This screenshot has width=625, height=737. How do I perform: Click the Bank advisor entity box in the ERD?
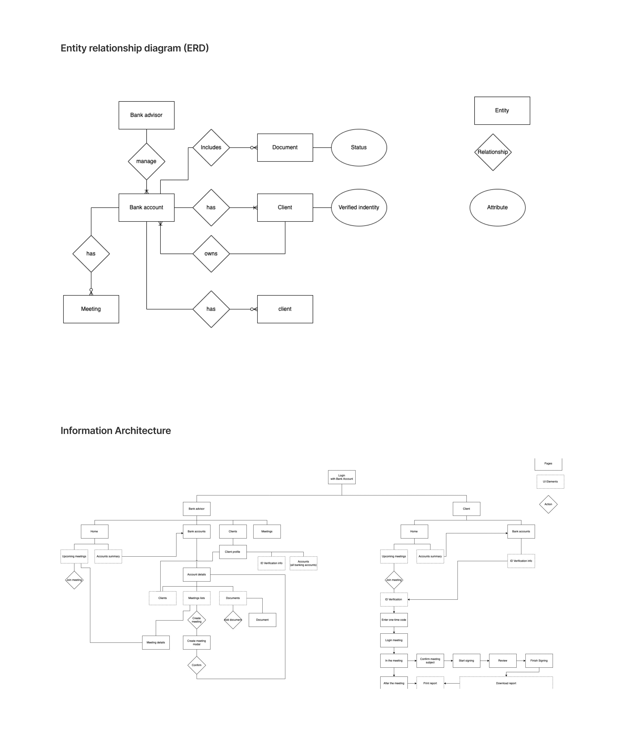click(x=146, y=115)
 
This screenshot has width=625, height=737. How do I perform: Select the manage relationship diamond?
click(x=146, y=161)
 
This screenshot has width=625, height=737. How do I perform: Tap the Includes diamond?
click(x=211, y=147)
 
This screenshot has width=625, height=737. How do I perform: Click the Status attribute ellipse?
click(x=359, y=147)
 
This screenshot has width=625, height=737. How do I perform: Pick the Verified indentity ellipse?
click(x=359, y=208)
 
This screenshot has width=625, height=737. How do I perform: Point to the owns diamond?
click(x=211, y=254)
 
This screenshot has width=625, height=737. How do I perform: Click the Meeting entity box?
click(x=91, y=309)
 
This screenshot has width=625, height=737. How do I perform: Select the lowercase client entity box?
click(x=285, y=309)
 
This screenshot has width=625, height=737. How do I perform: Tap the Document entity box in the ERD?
click(x=285, y=147)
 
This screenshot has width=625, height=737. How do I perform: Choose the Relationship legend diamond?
click(x=493, y=152)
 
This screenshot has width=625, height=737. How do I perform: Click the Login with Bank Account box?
click(x=342, y=477)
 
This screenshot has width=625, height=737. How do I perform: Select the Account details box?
click(x=197, y=574)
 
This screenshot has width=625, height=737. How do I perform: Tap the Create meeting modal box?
click(x=197, y=642)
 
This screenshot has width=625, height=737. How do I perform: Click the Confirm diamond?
click(x=197, y=665)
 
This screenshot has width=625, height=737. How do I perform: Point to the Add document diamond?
click(x=233, y=620)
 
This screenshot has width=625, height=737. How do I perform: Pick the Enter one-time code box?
click(x=394, y=620)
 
